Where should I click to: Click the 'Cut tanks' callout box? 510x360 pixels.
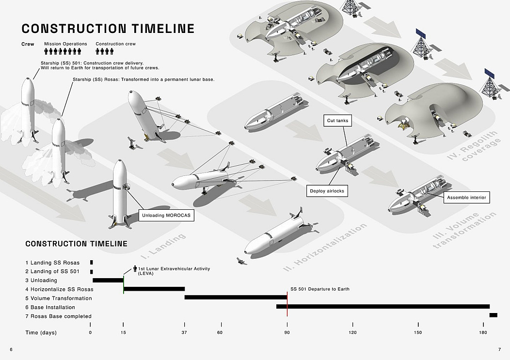tap(337, 120)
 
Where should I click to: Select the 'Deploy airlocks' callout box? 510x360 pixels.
tap(327, 191)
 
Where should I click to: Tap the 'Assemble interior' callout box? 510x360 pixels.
tap(466, 197)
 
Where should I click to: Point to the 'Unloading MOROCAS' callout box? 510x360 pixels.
tap(166, 215)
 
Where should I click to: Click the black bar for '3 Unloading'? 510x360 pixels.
tap(108, 280)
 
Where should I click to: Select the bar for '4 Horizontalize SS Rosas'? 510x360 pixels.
tap(154, 289)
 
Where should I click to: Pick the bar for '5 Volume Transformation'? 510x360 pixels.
tap(236, 297)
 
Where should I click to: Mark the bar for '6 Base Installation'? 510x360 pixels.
tap(383, 306)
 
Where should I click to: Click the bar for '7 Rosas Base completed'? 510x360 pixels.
tap(493, 315)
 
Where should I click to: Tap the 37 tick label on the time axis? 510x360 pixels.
tap(184, 332)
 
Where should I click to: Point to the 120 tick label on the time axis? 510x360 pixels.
tap(352, 332)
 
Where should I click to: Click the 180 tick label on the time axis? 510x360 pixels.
tap(483, 332)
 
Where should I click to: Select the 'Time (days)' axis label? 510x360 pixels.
tap(41, 332)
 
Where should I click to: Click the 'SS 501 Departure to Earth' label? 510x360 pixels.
tap(319, 289)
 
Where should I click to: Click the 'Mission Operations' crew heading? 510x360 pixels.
tap(65, 44)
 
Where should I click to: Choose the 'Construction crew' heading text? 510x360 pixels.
tap(115, 44)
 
